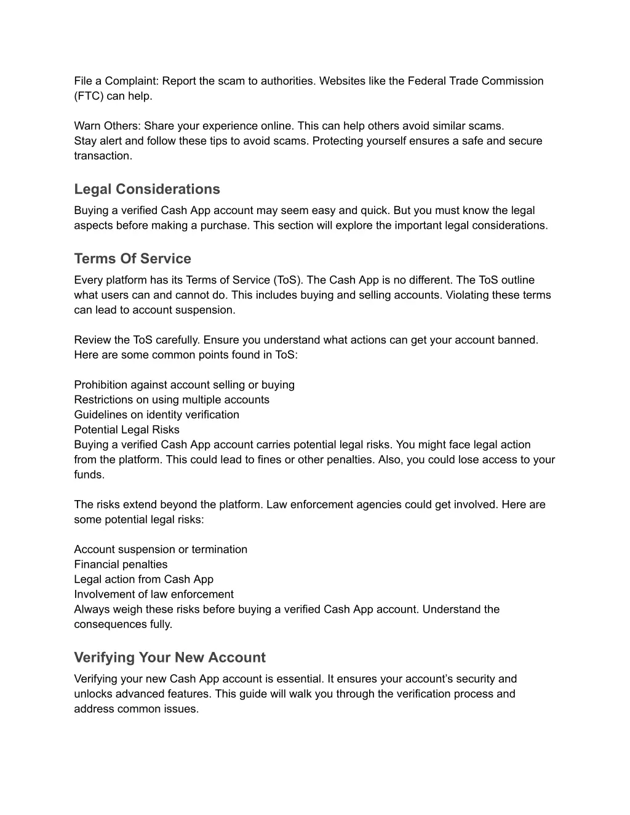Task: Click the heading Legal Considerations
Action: pos(146,189)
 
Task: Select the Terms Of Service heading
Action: pos(132,258)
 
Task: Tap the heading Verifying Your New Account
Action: pos(169,658)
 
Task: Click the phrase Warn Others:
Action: pos(107,126)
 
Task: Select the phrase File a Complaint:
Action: pos(116,81)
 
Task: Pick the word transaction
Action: pos(102,156)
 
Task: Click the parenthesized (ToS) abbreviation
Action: pos(288,280)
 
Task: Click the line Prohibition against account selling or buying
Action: pos(184,385)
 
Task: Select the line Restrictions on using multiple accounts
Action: pos(172,400)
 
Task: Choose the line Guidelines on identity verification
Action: pos(156,415)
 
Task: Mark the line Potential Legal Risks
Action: pos(127,430)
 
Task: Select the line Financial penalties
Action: pos(121,565)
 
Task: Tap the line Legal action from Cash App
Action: pos(143,579)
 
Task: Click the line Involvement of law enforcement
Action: pos(154,594)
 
